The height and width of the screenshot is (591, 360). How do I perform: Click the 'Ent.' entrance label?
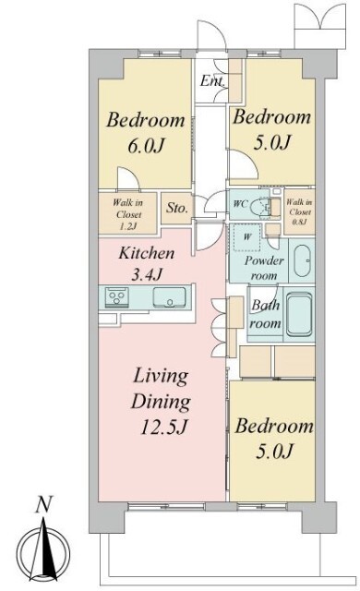tap(212, 80)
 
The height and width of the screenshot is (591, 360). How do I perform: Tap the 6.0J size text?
tap(146, 146)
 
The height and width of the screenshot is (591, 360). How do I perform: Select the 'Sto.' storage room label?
tap(176, 207)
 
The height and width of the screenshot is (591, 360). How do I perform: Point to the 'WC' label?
tap(240, 204)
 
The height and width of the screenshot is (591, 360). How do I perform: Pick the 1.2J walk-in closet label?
tap(128, 226)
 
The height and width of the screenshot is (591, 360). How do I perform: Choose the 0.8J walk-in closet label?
tap(300, 222)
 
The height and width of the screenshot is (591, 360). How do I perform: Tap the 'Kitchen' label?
tap(147, 253)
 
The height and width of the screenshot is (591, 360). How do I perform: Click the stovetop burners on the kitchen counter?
tap(116, 295)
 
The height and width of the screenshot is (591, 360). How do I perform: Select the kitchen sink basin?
tap(170, 296)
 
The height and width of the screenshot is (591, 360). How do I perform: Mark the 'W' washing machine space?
tap(247, 237)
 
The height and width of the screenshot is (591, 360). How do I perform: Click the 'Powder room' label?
tap(264, 268)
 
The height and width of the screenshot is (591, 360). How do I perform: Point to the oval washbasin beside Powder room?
tap(302, 260)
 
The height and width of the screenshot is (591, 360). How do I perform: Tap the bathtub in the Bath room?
tap(299, 315)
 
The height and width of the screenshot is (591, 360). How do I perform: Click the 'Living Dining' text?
tap(161, 389)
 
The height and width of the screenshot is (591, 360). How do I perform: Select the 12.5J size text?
tap(163, 428)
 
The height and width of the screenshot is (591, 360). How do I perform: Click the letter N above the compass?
tap(44, 505)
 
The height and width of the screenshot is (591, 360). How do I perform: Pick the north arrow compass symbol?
tap(44, 552)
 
